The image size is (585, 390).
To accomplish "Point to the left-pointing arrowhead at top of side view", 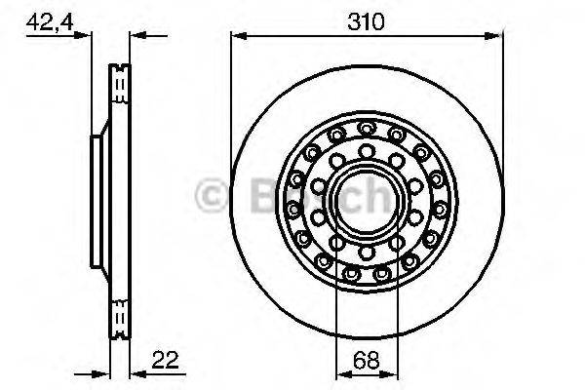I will [136, 37].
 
